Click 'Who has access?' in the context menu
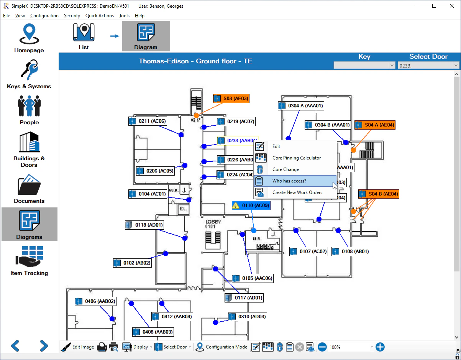289,181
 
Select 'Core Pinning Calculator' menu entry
296,158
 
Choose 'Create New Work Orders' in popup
297,192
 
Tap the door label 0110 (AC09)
252,205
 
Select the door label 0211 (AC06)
148,121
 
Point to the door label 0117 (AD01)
244,298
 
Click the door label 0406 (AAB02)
96,301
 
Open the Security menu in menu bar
72,16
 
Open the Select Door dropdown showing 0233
428,66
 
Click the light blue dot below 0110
254,230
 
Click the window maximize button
434,6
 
